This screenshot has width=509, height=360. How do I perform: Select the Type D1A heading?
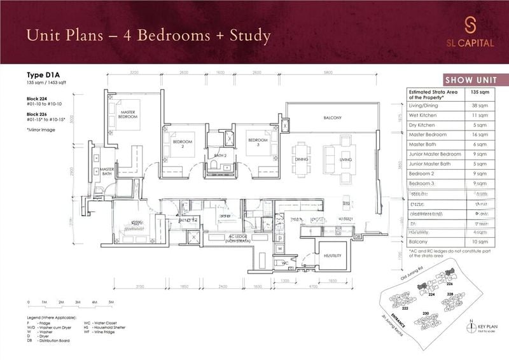coord(42,75)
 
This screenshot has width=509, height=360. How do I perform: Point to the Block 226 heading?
coord(39,114)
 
